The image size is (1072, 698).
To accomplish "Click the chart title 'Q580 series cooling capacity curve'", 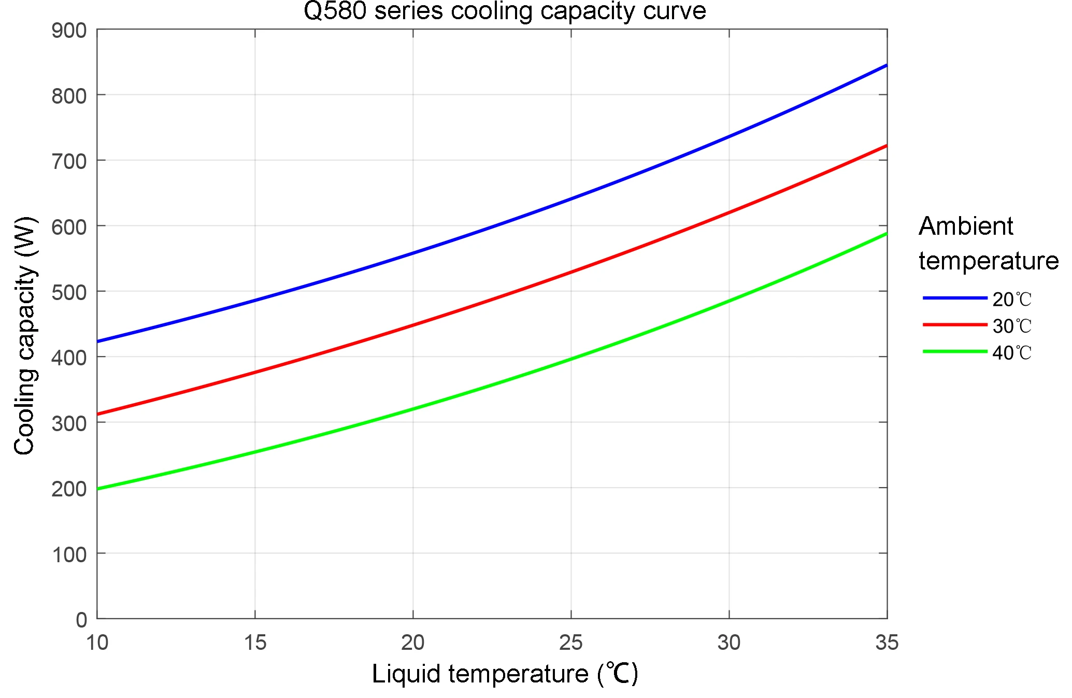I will pos(505,11).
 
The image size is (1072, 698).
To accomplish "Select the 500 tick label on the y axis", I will pos(69,292).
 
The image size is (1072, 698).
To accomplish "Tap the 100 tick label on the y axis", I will pos(69,554).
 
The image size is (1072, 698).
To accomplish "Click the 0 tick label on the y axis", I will pos(81,620).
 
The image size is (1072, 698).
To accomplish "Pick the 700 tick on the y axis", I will pos(69,161).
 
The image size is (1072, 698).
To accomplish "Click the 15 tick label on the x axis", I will pos(255,643).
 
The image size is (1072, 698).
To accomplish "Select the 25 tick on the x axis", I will pos(570,643).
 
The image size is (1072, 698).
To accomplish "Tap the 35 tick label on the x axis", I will pos(887,643).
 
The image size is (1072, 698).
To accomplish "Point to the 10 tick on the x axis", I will pos(97,643).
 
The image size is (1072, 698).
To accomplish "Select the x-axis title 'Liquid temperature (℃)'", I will pos(505,674).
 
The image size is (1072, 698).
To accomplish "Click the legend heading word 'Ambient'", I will pos(966,226).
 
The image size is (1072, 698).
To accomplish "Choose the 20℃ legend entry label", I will pos(1012,300).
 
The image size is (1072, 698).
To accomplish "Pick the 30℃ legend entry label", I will pos(1012,326).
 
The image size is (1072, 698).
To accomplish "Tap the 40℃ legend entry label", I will pos(1012,353).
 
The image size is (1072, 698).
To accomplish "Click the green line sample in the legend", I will pos(954,352).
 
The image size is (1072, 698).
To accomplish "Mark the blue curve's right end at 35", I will pos(887,65).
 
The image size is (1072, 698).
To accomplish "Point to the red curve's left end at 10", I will pos(98,414).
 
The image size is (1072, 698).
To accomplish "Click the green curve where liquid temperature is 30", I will pos(729,301).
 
